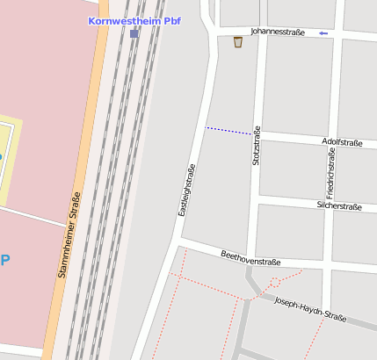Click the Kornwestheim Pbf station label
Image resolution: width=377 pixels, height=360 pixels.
(134, 20)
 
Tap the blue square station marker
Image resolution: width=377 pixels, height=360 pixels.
(134, 33)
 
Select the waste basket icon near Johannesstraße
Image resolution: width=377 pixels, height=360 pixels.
(238, 41)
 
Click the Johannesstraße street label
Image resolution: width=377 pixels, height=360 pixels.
(277, 32)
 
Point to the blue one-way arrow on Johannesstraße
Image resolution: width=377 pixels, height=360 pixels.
(323, 33)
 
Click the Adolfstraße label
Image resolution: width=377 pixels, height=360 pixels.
(343, 141)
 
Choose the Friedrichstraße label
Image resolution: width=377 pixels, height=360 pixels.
(330, 171)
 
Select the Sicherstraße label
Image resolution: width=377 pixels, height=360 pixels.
(338, 206)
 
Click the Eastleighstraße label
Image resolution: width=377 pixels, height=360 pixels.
(187, 190)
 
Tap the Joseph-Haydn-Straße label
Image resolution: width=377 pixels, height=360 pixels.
(310, 308)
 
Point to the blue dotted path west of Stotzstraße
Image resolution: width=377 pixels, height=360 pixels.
(228, 131)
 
